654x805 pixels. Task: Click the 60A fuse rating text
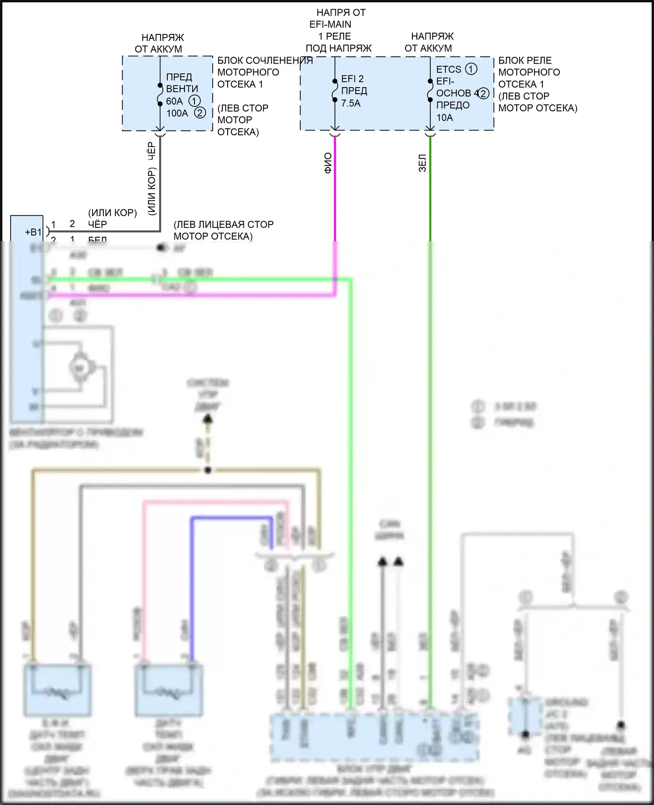pos(174,101)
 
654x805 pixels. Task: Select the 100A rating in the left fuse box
pos(177,113)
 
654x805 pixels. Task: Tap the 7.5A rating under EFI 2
pos(351,103)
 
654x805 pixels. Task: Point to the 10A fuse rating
pos(444,117)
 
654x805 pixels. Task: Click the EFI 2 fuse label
pos(352,78)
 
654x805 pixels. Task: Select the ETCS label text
pos(449,69)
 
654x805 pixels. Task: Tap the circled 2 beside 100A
pos(200,113)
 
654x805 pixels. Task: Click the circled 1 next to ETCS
pos(471,69)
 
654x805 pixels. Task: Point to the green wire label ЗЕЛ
pos(422,163)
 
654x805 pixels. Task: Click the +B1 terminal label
pos(33,232)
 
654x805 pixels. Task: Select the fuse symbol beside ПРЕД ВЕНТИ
pos(160,94)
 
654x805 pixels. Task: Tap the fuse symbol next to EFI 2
pos(335,90)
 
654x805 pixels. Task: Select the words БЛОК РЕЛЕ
pos(525,61)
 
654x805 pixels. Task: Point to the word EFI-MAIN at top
pos(330,24)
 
